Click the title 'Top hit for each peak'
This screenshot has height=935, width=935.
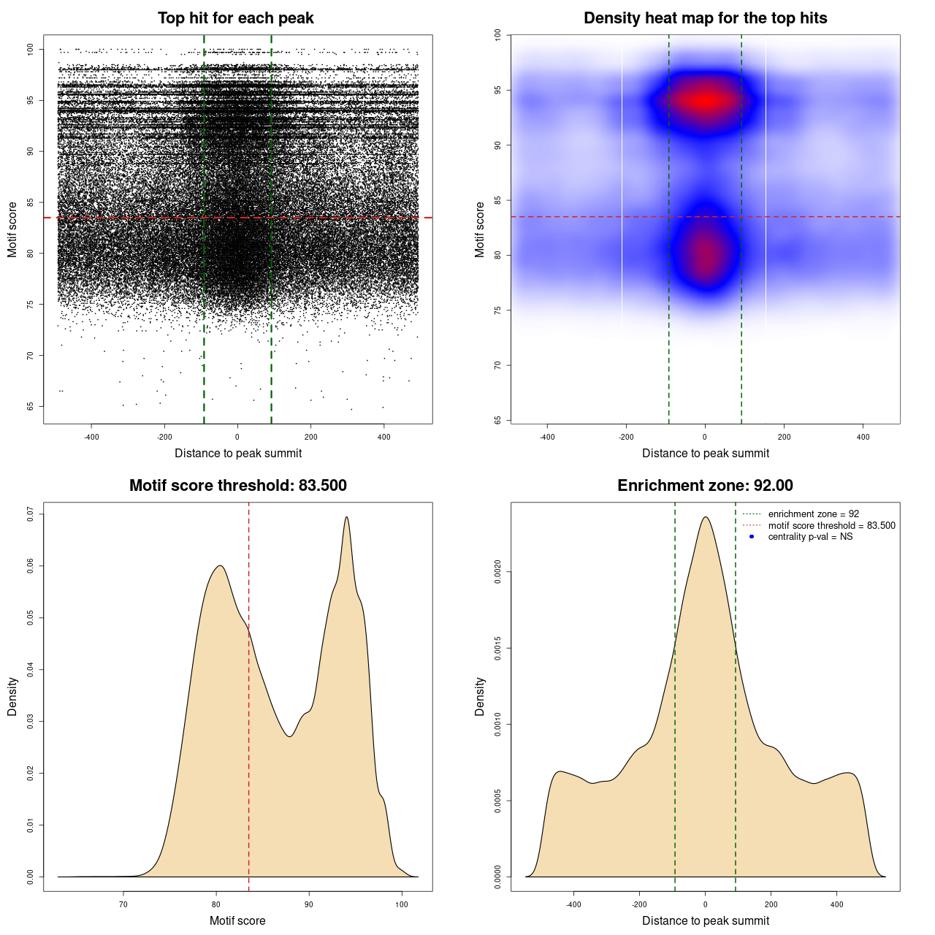click(235, 18)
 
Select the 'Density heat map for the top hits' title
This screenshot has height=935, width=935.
click(705, 18)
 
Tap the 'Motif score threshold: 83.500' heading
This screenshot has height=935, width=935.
click(237, 486)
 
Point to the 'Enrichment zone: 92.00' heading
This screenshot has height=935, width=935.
click(705, 486)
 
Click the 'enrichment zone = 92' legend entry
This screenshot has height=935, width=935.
click(813, 514)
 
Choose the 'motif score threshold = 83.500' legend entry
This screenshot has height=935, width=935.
click(831, 525)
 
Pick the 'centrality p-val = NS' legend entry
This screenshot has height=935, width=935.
click(810, 537)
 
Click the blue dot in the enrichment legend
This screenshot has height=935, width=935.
click(752, 537)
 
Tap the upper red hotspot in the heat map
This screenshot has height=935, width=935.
click(704, 101)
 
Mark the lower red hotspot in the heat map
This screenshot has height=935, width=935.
click(706, 254)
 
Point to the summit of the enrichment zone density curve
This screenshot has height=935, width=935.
click(705, 517)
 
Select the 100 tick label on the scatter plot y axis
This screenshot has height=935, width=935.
click(31, 49)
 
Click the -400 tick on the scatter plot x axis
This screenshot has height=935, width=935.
click(91, 437)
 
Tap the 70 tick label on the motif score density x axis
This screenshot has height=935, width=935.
click(123, 904)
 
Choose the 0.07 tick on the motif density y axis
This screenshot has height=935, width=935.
click(31, 514)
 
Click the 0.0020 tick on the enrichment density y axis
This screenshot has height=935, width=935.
click(498, 572)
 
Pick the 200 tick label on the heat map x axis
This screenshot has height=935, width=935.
click(784, 437)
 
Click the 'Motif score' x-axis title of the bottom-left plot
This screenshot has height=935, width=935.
click(237, 920)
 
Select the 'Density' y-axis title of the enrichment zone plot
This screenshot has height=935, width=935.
click(480, 696)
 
